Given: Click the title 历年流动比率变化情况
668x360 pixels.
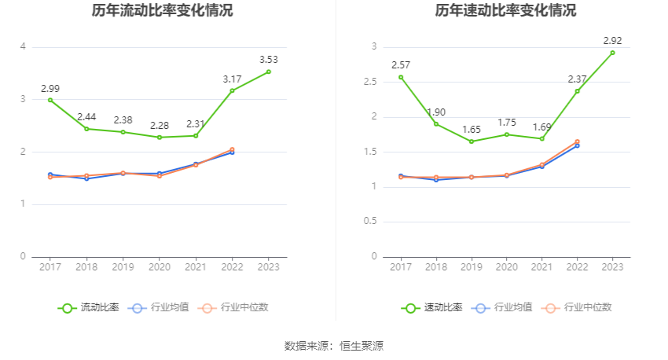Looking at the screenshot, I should coord(162,11).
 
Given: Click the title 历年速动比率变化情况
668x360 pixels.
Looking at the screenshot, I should coord(505,11).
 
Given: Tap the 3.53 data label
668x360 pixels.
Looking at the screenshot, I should coord(269,59).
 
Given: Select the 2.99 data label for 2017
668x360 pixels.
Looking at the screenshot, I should coord(50,88).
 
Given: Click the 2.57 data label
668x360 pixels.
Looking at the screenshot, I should coord(401,64).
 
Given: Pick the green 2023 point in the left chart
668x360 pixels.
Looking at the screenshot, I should coord(269,72).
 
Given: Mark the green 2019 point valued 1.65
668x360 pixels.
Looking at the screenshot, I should coord(472,141).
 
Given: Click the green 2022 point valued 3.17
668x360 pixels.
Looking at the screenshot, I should coord(232,90).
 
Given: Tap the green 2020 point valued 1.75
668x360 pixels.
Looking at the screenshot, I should coord(507,134).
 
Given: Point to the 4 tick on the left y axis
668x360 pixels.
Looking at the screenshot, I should coord(23,47).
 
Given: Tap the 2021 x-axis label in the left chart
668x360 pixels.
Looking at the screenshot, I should coord(196,267).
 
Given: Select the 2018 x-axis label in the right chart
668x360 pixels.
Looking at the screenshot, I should coord(436,267).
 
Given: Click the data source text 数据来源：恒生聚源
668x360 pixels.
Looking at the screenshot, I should coord(334,346).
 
